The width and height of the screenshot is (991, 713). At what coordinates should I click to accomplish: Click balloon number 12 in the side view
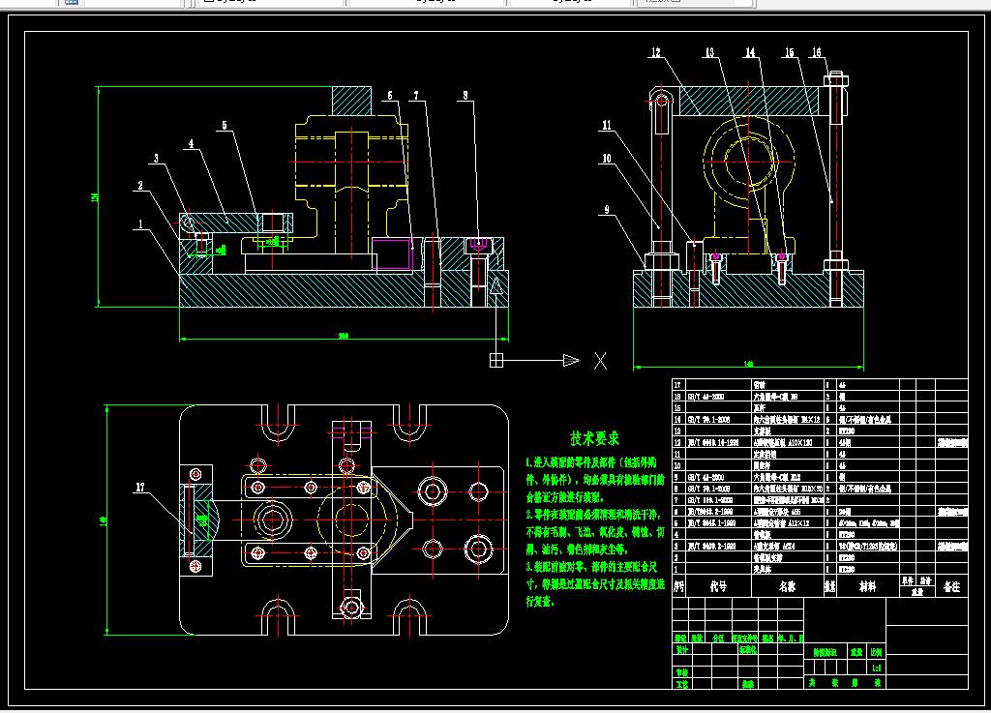pos(655,52)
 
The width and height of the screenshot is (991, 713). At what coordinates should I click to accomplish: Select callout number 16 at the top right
pos(817,52)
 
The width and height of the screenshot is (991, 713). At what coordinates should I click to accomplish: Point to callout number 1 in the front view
pos(140,224)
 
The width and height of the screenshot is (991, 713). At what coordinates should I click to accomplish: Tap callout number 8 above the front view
pos(465,96)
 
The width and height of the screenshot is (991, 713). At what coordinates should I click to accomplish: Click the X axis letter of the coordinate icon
pos(600,361)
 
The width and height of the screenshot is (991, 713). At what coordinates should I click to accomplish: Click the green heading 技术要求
pos(594,438)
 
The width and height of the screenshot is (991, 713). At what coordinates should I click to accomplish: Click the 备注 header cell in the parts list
pos(950,586)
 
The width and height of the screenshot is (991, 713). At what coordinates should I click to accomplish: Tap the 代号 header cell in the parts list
pos(717,586)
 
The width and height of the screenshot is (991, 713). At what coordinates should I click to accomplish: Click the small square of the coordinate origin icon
pos(496,361)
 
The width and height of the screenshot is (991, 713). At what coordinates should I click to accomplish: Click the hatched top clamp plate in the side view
pos(740,102)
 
